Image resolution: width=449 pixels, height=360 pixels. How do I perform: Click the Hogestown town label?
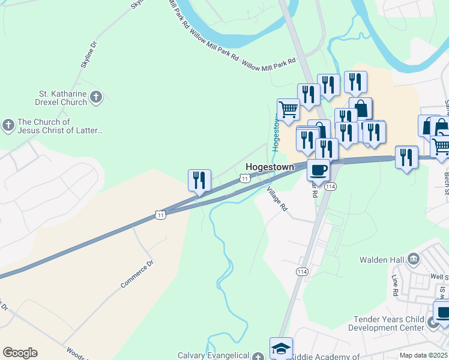coord(270,167)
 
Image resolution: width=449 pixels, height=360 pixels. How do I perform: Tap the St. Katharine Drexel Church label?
coord(63,98)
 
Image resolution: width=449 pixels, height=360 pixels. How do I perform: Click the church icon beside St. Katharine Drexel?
coord(96,96)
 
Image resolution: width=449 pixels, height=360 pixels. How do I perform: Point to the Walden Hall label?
coord(382,260)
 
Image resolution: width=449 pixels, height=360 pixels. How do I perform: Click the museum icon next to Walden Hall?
coord(414,259)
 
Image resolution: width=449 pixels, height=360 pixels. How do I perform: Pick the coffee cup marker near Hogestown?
coord(318,169)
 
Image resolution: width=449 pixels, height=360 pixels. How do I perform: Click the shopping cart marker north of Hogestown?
coord(289,109)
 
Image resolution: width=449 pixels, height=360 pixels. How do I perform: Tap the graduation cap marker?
coord(281,348)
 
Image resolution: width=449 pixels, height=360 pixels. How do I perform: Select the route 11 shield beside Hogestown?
coord(244,178)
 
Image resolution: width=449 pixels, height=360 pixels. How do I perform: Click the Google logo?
coord(20,353)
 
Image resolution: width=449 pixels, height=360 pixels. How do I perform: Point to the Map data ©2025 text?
coord(423,355)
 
